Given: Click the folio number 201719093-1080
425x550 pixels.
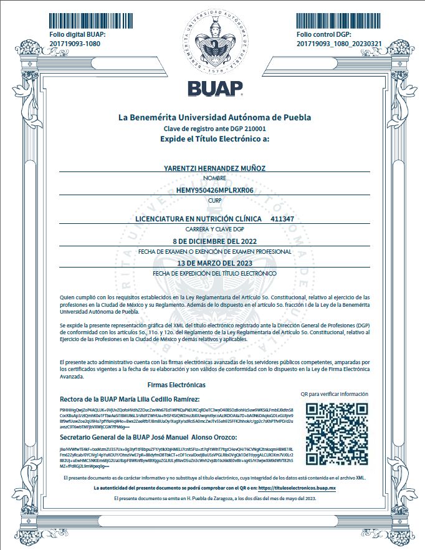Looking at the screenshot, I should point(74,44).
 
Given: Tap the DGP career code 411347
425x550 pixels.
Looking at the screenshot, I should point(283,220).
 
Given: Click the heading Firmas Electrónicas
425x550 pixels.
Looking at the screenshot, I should point(176,385).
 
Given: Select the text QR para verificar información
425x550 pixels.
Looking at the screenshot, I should point(335,394).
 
